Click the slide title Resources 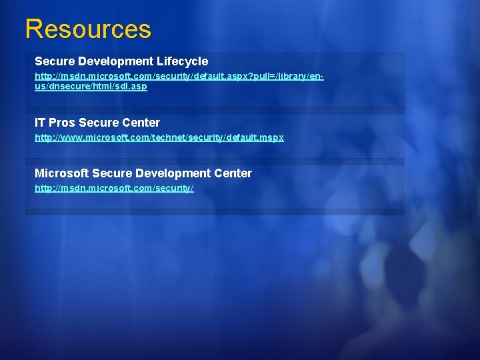click(88, 29)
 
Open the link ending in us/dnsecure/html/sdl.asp click(91, 87)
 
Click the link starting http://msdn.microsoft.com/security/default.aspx click(179, 77)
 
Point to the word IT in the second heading click(40, 123)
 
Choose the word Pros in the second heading click(62, 123)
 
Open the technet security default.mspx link click(159, 137)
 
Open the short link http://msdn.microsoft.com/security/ click(114, 189)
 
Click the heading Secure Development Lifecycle click(121, 61)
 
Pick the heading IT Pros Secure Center click(97, 123)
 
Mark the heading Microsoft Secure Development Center click(143, 173)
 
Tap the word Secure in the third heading click(111, 173)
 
